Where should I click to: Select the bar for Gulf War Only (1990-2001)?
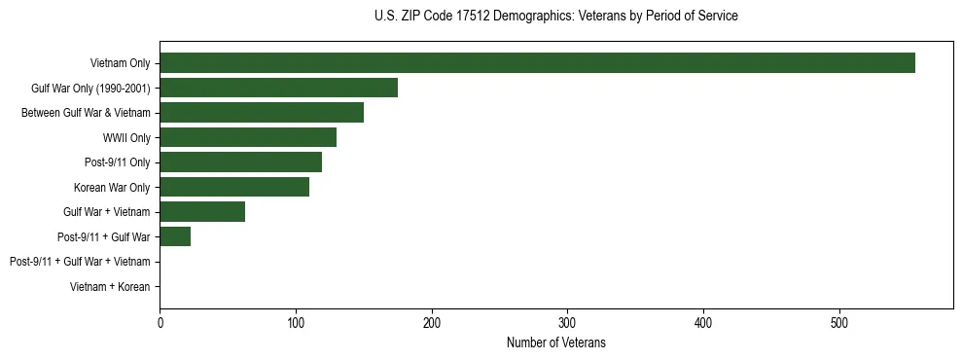click(x=278, y=88)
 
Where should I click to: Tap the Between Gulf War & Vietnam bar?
click(x=262, y=113)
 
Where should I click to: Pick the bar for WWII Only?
click(x=248, y=137)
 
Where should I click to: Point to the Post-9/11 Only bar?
click(x=240, y=162)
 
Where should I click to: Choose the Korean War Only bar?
click(x=234, y=187)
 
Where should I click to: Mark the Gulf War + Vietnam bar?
click(x=202, y=212)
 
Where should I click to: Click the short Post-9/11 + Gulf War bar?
click(x=175, y=236)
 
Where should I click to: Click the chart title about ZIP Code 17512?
click(x=555, y=17)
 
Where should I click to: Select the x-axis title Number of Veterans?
click(x=555, y=342)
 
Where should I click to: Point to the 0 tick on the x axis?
click(x=160, y=323)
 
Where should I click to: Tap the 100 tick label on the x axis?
click(x=296, y=323)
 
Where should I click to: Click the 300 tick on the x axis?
click(x=568, y=323)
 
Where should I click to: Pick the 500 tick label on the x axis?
click(x=840, y=323)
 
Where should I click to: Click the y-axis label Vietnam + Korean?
click(x=110, y=287)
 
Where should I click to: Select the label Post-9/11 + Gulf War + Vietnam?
click(x=80, y=262)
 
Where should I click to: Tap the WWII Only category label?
click(x=126, y=138)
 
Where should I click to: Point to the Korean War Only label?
click(x=112, y=188)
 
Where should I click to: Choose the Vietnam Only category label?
click(x=120, y=63)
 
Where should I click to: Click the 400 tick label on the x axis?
click(x=704, y=323)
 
